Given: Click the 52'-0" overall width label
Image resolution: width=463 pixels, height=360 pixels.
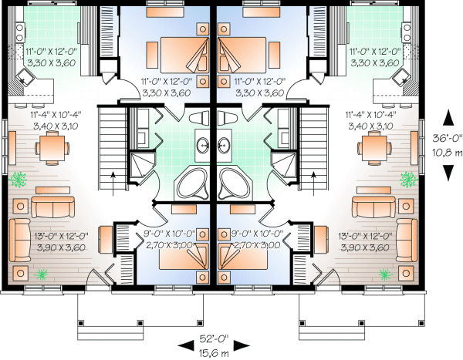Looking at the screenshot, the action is [x=214, y=338].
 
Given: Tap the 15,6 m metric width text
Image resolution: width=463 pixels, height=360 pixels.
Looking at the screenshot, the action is [x=214, y=353].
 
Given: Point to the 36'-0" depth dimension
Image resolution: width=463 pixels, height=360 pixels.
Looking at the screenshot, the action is [x=447, y=138].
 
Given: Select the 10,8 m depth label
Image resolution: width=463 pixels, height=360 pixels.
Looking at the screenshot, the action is [x=447, y=153].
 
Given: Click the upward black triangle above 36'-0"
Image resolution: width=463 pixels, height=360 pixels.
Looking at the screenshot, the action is [x=448, y=117].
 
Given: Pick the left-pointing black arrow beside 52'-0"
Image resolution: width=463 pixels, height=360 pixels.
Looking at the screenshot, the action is [x=186, y=346].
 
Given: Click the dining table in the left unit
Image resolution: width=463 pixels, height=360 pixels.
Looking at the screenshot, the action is [x=52, y=148].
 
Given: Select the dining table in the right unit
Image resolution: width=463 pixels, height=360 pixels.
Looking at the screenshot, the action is [x=374, y=148].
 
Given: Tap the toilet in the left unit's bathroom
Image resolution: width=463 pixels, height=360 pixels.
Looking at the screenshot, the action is [x=199, y=118].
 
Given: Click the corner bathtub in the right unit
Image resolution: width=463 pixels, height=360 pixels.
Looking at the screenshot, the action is [x=234, y=183].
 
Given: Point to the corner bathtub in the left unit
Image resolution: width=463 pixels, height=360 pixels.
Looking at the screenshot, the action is [x=192, y=183].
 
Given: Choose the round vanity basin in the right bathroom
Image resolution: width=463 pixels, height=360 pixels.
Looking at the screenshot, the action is [x=224, y=145].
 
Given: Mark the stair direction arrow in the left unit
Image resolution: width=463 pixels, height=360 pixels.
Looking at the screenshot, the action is [x=113, y=183].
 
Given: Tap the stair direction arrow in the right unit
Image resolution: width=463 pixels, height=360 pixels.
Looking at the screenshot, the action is [x=313, y=183].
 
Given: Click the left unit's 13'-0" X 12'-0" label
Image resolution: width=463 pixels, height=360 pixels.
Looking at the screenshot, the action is [x=62, y=236].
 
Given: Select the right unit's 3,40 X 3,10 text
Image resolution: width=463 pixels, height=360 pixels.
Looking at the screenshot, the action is [x=370, y=126].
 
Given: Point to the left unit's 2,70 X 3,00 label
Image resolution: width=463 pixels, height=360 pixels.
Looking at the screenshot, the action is [x=170, y=245].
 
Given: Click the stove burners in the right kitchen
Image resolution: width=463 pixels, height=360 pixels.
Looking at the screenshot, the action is [x=407, y=32].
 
